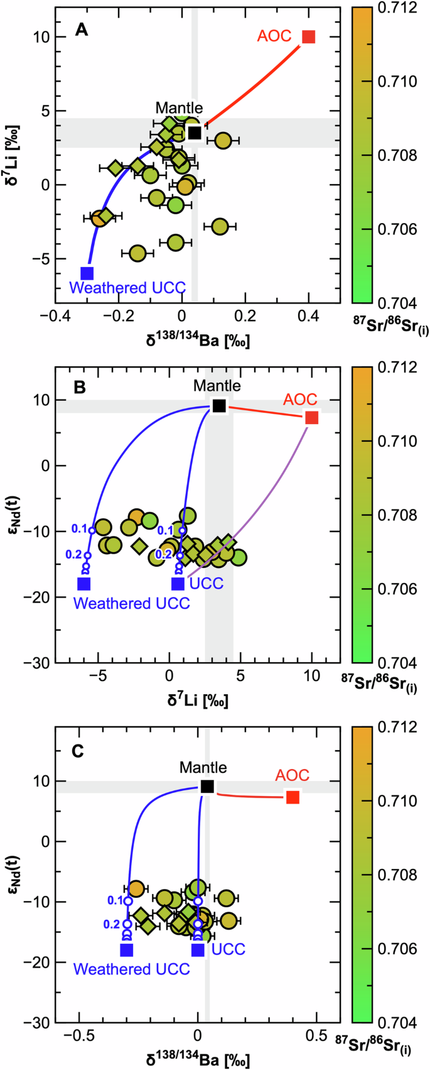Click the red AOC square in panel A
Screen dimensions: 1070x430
[x=308, y=36]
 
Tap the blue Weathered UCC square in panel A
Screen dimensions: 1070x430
[x=87, y=273]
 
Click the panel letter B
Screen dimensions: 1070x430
[x=80, y=388]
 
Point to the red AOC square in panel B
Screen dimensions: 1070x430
[x=312, y=418]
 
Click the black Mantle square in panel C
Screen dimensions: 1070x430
[x=208, y=787]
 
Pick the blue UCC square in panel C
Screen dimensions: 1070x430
[x=198, y=949]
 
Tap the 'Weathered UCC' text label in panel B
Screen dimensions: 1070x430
[x=131, y=603]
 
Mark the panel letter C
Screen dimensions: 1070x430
[x=79, y=751]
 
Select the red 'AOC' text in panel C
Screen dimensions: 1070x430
[x=293, y=775]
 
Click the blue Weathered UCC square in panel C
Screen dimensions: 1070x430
[x=127, y=949]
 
